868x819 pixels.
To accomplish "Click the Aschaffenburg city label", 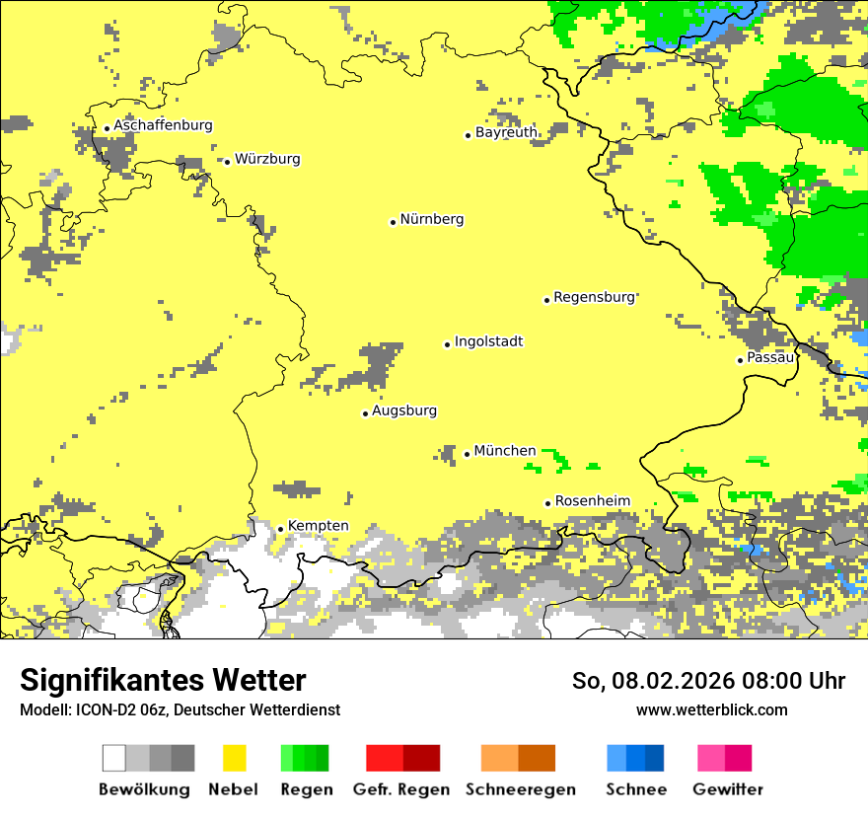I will [163, 125].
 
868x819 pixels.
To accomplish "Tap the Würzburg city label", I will [267, 159].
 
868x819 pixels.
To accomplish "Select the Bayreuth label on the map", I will [506, 132].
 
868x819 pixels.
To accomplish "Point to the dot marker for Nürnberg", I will [393, 222].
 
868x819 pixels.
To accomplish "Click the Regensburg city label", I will [594, 297].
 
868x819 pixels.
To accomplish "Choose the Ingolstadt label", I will [488, 341].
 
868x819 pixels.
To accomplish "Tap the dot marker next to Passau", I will [740, 360].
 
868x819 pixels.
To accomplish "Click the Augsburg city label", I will [404, 410].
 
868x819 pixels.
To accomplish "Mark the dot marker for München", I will [467, 454].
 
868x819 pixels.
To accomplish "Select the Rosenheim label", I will [592, 501].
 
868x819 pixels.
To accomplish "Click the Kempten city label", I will [318, 526].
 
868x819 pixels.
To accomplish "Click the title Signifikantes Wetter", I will [163, 681].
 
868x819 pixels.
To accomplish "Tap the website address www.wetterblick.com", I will [711, 709].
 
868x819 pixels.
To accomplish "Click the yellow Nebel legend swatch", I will [234, 758].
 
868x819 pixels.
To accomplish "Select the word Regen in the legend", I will [306, 789].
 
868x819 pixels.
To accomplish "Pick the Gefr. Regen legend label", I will [401, 789].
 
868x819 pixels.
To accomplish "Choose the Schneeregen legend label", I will [521, 789].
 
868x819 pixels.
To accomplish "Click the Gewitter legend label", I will [727, 789].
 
